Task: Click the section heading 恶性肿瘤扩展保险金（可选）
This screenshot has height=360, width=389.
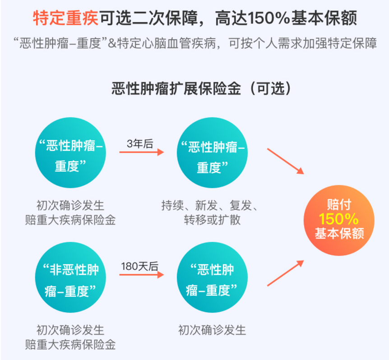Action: (194, 88)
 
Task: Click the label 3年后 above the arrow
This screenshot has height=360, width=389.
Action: (140, 144)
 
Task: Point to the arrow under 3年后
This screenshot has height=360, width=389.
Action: (141, 152)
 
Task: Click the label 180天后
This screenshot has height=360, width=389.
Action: (139, 267)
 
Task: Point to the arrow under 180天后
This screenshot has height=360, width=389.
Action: (141, 275)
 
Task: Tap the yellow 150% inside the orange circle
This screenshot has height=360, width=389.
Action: (339, 219)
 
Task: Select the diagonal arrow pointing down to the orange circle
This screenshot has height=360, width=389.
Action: (285, 161)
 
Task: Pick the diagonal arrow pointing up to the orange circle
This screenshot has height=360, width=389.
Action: (285, 273)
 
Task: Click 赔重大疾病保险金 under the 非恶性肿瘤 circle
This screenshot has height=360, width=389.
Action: (71, 345)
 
